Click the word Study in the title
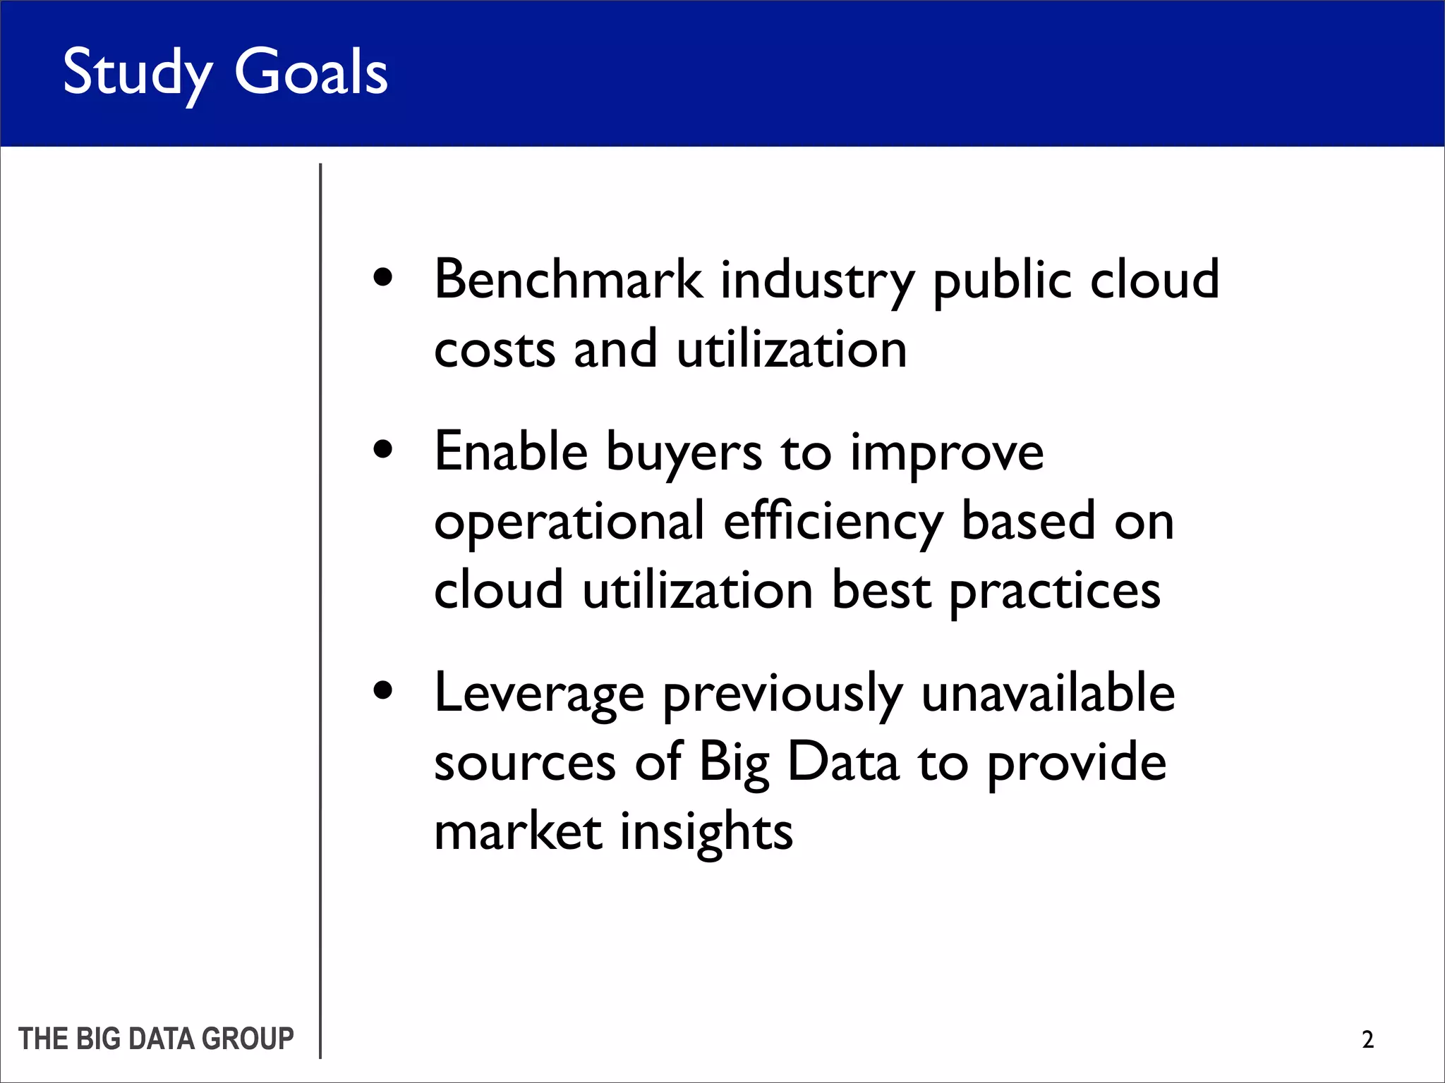[137, 73]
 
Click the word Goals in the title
[310, 73]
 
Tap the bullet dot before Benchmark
[383, 277]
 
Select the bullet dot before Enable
[383, 450]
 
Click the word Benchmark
[569, 279]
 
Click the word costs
[495, 350]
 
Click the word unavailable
[1048, 693]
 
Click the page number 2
[1367, 1039]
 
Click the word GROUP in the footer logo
[248, 1039]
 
